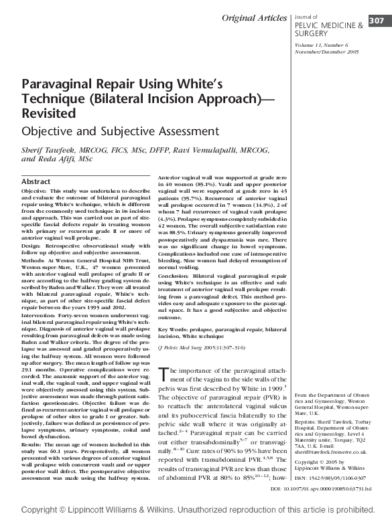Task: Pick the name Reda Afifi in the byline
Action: [x=58, y=160]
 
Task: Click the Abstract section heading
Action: [x=36, y=181]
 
